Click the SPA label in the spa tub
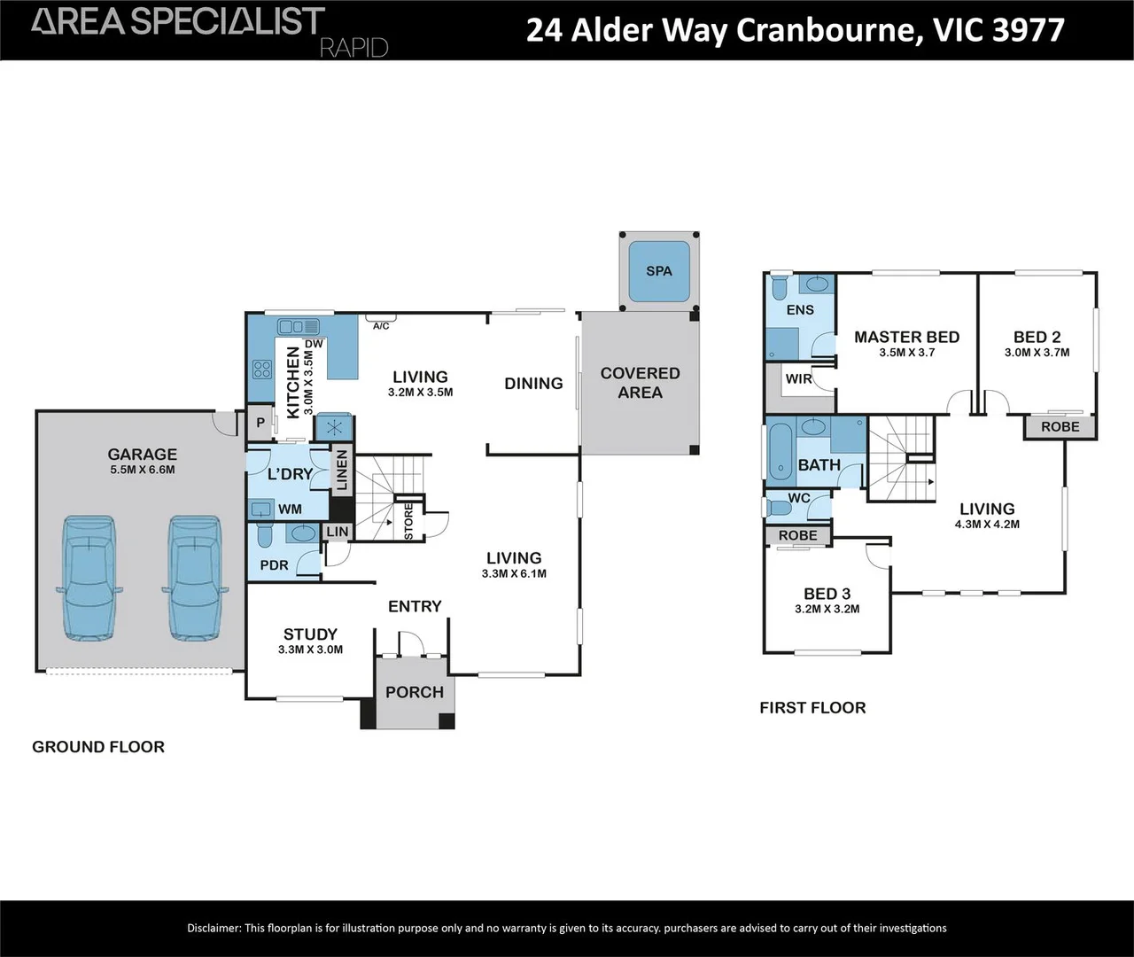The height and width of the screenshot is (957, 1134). click(658, 271)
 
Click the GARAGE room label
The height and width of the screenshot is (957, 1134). click(143, 455)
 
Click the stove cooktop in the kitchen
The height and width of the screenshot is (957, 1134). click(262, 369)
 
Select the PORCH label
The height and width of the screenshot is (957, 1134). click(415, 692)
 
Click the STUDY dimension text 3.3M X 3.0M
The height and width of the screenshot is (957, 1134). click(310, 650)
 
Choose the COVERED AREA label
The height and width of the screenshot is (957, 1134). click(640, 383)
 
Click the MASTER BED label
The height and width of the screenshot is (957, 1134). click(906, 337)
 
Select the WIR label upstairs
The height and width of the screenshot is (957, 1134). click(798, 378)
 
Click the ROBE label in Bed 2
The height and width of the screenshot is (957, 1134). click(1060, 427)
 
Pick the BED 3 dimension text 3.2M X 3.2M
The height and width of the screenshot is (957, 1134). click(827, 609)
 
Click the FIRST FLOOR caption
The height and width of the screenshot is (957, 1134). click(812, 707)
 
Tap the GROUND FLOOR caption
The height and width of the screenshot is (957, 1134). click(98, 747)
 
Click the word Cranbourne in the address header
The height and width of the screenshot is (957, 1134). click(822, 30)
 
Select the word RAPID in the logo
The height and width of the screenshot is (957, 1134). click(353, 48)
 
